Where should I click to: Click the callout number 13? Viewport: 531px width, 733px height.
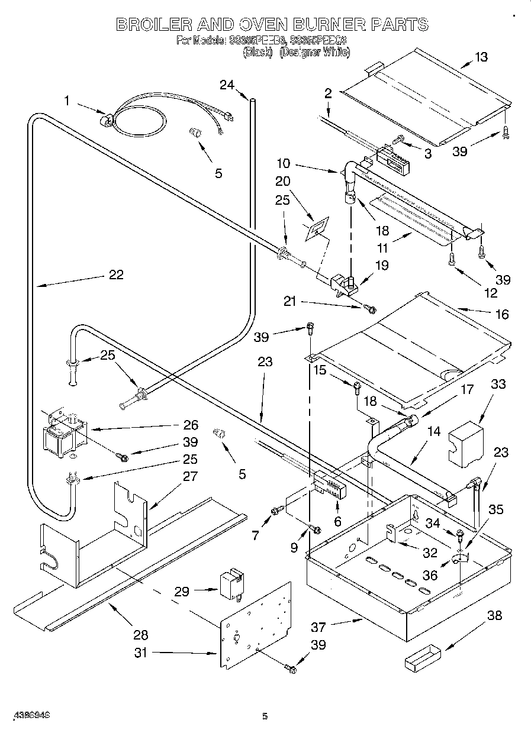pos(481,57)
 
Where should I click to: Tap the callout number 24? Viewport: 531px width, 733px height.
pos(227,85)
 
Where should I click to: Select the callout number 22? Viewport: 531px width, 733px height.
pos(117,275)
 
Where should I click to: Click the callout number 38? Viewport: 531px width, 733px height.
pos(494,616)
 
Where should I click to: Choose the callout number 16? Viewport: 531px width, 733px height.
pos(501,315)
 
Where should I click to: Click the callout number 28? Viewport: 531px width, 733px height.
pos(140,635)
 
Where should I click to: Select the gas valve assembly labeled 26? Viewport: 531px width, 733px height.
pos(61,435)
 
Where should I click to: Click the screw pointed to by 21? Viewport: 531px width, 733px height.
pos(371,308)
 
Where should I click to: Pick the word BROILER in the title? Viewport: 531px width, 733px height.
pos(152,25)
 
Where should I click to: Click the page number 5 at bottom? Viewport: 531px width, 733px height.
pos(265,717)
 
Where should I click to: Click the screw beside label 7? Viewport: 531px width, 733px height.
pos(276,510)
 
